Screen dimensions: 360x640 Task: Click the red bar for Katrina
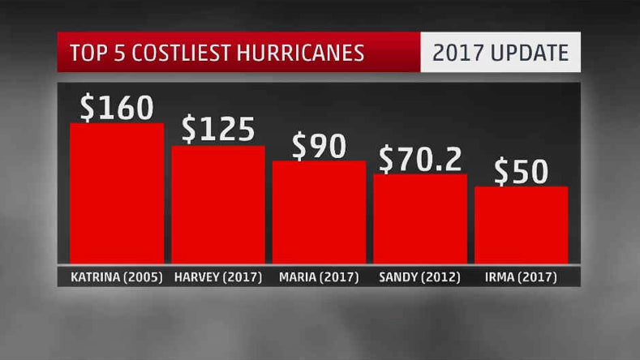[x=117, y=193]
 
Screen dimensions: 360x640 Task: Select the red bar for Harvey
[x=218, y=204]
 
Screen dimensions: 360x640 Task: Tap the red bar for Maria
[x=319, y=212]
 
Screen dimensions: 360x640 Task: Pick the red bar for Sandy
[x=420, y=218]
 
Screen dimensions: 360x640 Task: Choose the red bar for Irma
[x=521, y=225]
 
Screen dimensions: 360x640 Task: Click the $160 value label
[x=117, y=107]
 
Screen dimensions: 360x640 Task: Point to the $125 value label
[x=218, y=129]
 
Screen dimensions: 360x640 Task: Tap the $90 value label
[x=319, y=145]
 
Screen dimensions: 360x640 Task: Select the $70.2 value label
[x=420, y=159]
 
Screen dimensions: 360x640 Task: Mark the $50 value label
[x=521, y=172]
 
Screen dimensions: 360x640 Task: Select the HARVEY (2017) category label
[x=217, y=277]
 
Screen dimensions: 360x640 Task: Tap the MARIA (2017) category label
[x=319, y=277]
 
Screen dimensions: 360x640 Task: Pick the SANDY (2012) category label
[x=420, y=277]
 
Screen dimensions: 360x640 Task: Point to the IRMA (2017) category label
[x=521, y=277]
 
